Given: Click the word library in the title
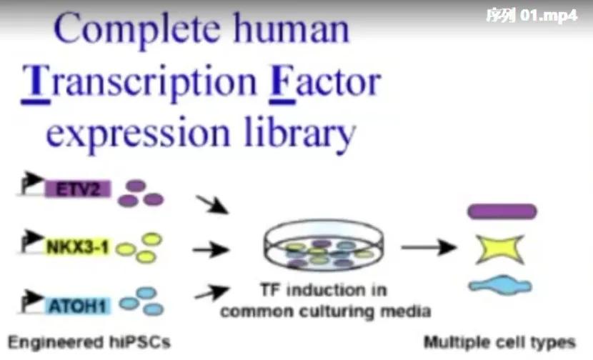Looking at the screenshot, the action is (299, 133).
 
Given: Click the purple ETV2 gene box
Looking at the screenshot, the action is (78, 189).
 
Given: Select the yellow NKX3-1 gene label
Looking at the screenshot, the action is (78, 247).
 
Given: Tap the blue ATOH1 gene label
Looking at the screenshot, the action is (78, 306).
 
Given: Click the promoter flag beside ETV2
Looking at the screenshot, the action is (31, 183).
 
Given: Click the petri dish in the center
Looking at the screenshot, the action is (324, 245).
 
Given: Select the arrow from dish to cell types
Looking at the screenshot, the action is (429, 247).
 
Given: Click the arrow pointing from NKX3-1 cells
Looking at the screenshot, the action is (211, 249).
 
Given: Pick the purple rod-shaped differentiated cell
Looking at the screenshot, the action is (502, 211).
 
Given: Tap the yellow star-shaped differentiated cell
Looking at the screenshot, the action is (500, 249).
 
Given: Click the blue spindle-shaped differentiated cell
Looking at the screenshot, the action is (500, 286).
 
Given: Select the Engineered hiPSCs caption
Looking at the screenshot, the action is (89, 343).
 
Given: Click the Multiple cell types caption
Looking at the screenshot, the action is (499, 343).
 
